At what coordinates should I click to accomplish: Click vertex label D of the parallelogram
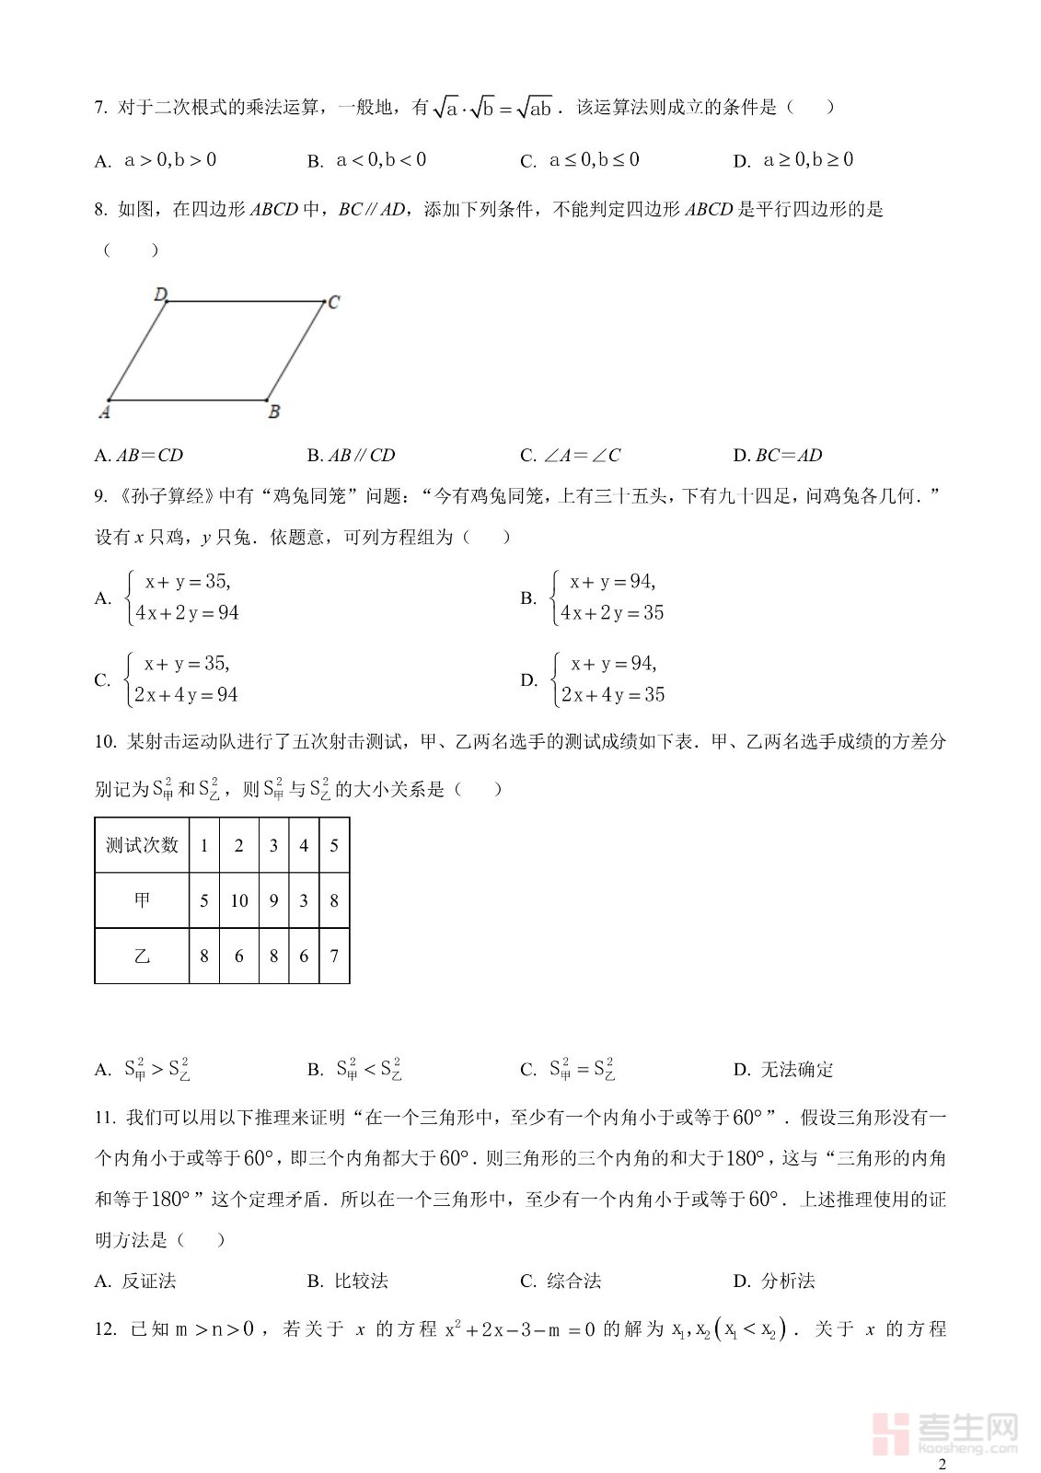coord(160,295)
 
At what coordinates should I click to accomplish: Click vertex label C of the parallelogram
coord(334,302)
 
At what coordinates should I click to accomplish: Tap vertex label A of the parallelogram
coord(104,412)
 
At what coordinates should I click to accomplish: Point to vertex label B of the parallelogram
coord(273,412)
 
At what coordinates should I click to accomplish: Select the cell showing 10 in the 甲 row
coord(239,900)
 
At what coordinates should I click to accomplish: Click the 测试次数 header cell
coord(142,845)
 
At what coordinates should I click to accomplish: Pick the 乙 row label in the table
coord(142,957)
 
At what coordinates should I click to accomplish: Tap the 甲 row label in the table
coord(142,900)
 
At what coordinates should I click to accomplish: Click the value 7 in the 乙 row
coord(334,957)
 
